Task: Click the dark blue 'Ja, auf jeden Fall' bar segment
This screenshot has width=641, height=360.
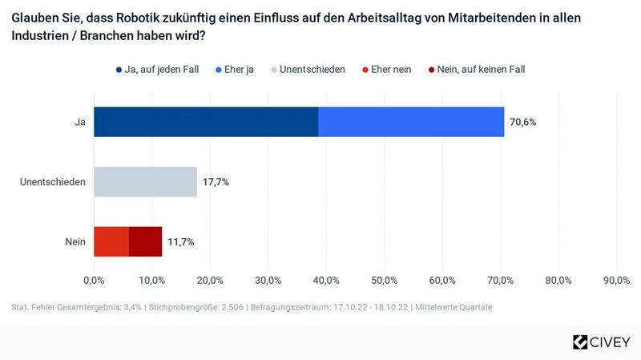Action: pyautogui.click(x=206, y=122)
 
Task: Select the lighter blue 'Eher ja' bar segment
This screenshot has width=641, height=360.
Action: pyautogui.click(x=411, y=122)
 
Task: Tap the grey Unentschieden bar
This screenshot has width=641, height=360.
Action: pyautogui.click(x=145, y=182)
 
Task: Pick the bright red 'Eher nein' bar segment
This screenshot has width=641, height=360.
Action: pyautogui.click(x=111, y=241)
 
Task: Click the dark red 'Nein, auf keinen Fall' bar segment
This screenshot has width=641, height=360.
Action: pyautogui.click(x=145, y=241)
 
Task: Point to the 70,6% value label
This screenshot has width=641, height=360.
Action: pyautogui.click(x=522, y=122)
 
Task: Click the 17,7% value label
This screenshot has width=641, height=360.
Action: pyautogui.click(x=216, y=182)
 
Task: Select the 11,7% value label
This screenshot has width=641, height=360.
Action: pyautogui.click(x=180, y=241)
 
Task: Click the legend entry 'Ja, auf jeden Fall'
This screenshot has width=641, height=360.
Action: pyautogui.click(x=161, y=70)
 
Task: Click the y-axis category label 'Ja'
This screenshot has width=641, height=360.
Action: pyautogui.click(x=80, y=122)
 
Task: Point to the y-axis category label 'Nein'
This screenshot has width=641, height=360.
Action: pyautogui.click(x=76, y=241)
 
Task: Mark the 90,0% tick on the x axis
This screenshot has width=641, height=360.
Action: pyautogui.click(x=616, y=280)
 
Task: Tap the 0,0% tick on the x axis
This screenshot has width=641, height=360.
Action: pyautogui.click(x=94, y=280)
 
